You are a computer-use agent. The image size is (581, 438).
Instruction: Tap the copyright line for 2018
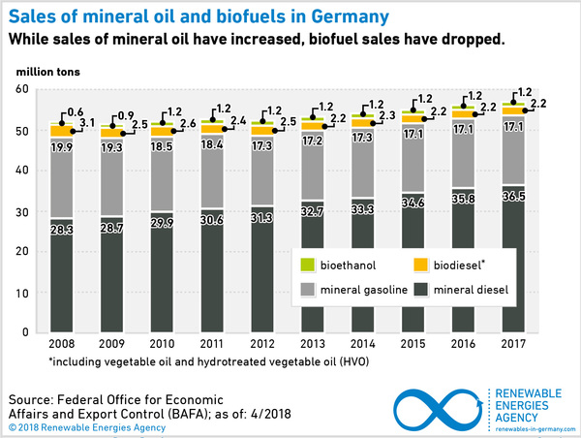tap(84, 425)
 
